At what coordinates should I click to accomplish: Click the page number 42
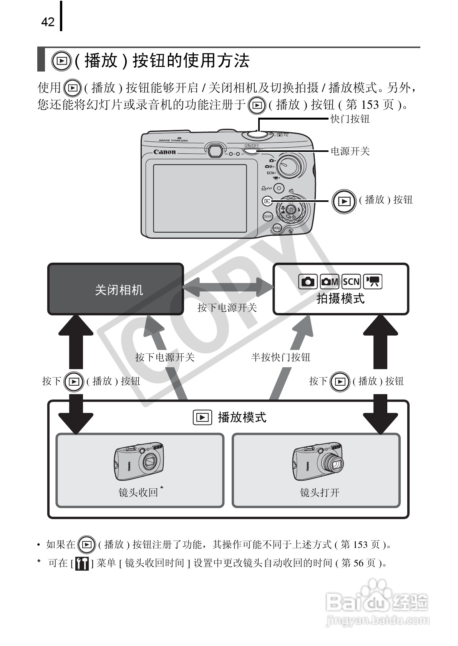tap(48, 22)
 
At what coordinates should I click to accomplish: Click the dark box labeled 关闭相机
tap(115, 289)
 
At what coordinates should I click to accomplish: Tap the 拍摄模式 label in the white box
tap(340, 299)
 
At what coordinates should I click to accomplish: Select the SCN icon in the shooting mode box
tap(351, 282)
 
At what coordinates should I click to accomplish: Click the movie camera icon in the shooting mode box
tap(373, 282)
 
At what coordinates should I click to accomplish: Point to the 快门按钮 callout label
tap(350, 119)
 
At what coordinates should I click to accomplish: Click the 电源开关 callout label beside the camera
tap(350, 152)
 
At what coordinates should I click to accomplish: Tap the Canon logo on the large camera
tap(164, 152)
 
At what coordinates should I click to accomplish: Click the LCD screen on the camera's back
tap(200, 198)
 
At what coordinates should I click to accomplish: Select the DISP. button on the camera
tap(267, 216)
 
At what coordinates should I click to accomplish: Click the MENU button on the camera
tap(277, 228)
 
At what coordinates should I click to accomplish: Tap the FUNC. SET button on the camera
tap(291, 210)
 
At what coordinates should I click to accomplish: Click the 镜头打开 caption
tap(320, 493)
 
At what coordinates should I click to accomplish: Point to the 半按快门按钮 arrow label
tap(281, 358)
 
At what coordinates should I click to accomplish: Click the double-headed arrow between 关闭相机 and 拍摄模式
tap(228, 287)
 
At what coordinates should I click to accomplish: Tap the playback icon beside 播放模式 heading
tap(202, 418)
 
